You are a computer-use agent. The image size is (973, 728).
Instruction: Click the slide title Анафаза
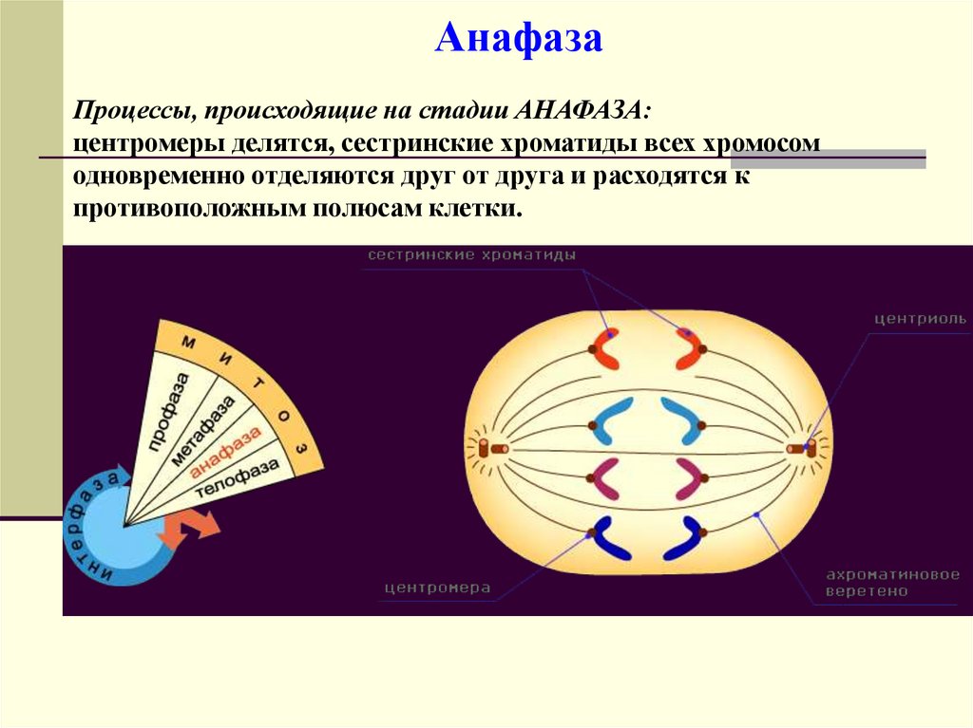tap(519, 40)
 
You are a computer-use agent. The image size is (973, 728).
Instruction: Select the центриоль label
tap(920, 319)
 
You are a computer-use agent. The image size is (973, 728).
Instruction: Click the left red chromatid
tap(606, 349)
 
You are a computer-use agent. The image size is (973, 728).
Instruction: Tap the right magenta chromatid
tap(688, 477)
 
